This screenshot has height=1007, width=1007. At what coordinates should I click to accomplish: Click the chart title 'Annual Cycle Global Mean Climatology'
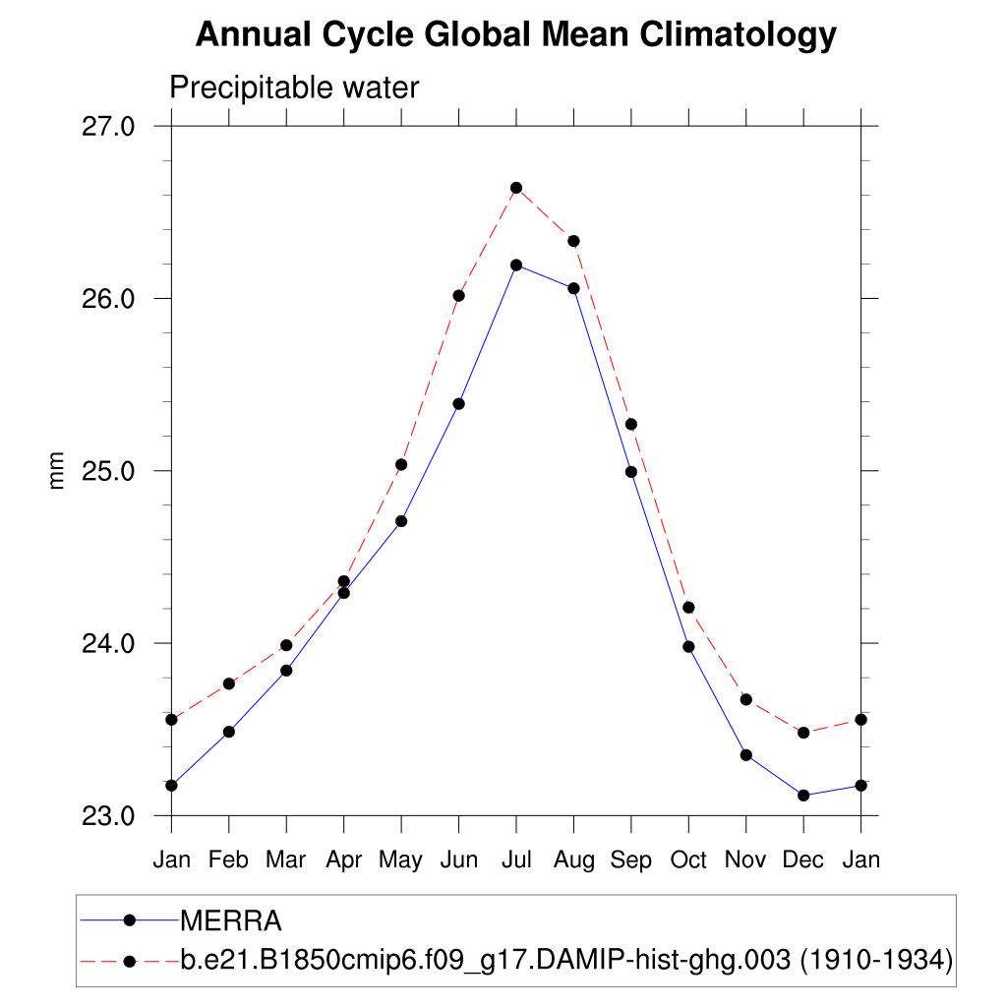(515, 35)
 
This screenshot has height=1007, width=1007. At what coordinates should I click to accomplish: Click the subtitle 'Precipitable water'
(294, 88)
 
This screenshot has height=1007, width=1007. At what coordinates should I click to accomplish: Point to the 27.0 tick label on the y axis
(108, 126)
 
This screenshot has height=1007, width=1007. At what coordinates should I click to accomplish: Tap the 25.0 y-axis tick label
(108, 470)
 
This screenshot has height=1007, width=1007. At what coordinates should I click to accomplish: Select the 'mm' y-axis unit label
(57, 470)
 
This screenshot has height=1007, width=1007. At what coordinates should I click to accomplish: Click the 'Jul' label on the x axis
(515, 860)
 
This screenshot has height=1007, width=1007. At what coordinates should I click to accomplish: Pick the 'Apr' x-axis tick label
(343, 860)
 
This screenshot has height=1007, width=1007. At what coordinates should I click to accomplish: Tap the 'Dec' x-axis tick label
(802, 860)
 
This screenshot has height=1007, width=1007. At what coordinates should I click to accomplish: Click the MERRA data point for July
(515, 265)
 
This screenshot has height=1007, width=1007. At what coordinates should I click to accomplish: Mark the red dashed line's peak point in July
(515, 188)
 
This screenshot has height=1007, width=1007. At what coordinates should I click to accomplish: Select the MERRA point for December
(802, 796)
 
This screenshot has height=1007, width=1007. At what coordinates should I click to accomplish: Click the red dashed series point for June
(458, 296)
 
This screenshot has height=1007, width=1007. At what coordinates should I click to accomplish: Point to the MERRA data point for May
(401, 521)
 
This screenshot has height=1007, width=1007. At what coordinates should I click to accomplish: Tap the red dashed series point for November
(745, 699)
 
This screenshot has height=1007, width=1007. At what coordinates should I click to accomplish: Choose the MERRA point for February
(229, 732)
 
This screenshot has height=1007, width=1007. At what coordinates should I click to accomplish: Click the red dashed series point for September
(630, 424)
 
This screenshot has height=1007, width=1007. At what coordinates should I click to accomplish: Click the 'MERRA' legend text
(231, 921)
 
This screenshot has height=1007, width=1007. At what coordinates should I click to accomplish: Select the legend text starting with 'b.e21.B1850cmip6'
(566, 959)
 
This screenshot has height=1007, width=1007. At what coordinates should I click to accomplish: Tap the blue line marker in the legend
(129, 920)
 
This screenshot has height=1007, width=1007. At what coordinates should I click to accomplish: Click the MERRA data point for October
(688, 646)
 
